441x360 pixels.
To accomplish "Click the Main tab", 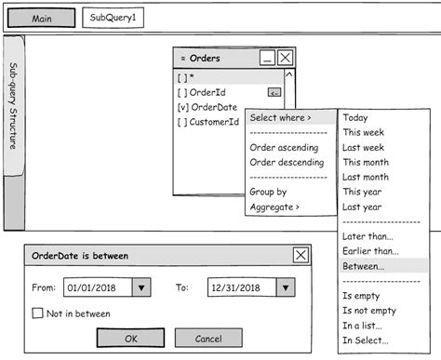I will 41,19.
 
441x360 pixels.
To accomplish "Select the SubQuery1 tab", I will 114,19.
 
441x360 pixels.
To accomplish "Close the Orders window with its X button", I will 286,58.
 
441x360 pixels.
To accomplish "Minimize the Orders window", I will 267,58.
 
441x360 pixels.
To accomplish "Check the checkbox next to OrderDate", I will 182,107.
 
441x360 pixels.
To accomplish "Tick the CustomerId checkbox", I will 182,122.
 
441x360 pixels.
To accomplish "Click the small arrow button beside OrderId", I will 274,92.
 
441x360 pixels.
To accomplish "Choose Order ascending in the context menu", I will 284,147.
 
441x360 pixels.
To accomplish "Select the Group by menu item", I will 268,192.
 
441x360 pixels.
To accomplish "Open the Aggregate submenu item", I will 274,207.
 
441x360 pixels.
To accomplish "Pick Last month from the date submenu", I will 366,177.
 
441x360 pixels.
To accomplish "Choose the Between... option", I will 362,266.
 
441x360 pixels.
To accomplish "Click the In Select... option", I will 366,340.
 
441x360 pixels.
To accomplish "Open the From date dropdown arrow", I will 141,288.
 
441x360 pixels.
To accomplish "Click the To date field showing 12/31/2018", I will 237,288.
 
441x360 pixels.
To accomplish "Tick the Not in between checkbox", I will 38,313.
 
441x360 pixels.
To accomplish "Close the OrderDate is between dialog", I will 301,255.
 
